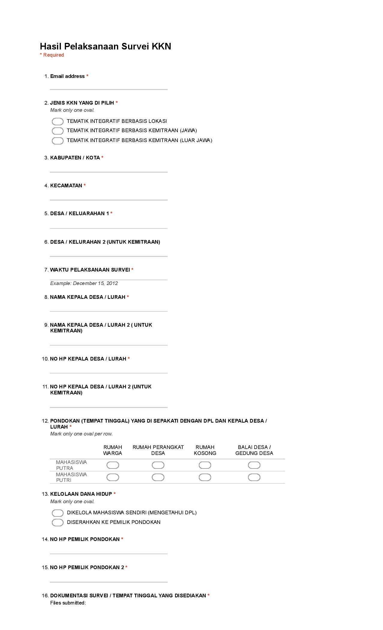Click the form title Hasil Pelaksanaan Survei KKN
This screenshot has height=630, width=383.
105,46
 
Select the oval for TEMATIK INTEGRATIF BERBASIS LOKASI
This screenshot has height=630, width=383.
58,121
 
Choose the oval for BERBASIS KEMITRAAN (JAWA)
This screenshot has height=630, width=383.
58,131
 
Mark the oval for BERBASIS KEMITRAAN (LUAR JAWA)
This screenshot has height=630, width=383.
58,141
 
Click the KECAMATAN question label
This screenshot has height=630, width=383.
66,186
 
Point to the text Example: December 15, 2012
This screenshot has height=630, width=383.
84,283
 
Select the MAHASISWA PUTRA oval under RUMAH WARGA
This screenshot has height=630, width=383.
113,465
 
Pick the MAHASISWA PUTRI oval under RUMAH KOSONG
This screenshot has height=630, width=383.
205,477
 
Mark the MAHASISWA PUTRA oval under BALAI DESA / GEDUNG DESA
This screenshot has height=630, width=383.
254,465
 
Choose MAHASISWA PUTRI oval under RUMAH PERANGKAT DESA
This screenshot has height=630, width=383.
158,477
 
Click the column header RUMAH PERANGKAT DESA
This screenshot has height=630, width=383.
158,450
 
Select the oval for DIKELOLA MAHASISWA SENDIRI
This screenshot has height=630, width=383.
58,513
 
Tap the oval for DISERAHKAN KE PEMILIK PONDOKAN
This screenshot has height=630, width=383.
58,522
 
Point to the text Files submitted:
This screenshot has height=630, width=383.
68,603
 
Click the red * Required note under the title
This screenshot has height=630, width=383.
52,55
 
